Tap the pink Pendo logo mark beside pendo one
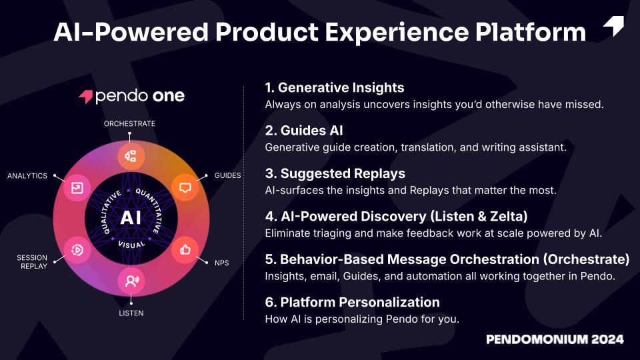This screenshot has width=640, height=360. tap(86, 96)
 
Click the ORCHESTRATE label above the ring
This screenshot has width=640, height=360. tap(129, 124)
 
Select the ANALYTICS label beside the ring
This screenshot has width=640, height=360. tap(27, 176)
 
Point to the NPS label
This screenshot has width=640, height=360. tap(221, 263)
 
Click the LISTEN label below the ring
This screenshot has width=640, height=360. tap(131, 313)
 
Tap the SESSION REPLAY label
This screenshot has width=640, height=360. tap(32, 262)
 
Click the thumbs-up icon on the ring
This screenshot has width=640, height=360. tap(185, 249)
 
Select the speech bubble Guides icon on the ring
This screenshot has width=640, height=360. tap(185, 188)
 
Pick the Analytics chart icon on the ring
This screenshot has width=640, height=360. tap(77, 188)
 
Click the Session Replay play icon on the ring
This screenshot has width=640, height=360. tap(77, 250)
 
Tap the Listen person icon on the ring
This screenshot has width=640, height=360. tap(131, 281)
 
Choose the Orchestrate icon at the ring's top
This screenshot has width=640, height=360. tap(131, 156)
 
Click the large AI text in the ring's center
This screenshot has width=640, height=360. tap(131, 217)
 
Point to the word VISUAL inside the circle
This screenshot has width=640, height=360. tap(131, 245)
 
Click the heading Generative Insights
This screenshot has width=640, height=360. tap(335, 88)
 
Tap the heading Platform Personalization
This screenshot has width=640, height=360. tap(352, 303)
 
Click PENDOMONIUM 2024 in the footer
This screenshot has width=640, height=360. tap(555, 339)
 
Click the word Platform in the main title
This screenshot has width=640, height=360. tap(531, 32)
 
